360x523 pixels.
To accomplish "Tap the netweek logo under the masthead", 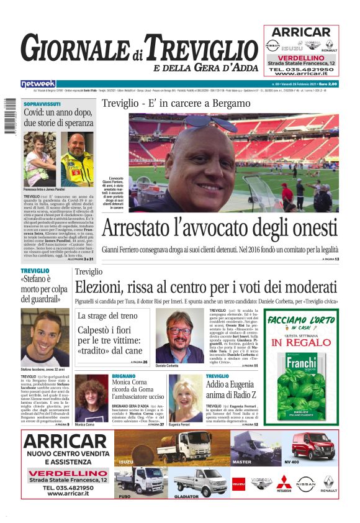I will pos(38,84).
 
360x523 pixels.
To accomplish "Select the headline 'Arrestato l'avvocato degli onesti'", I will pos(220,228).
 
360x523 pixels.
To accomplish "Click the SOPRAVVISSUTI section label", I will pos(42,104).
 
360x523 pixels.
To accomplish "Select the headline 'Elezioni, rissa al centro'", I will pos(206,289).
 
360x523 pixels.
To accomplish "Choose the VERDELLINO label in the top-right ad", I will pos(301,57).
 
